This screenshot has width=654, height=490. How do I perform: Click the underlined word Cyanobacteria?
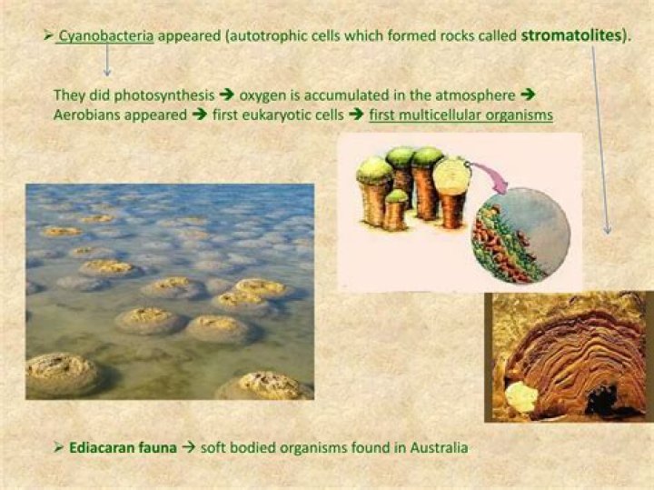106,35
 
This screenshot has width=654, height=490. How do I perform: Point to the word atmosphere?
471,95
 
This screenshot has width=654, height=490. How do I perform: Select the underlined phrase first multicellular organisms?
461,115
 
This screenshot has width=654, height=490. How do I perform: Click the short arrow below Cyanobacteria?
107,60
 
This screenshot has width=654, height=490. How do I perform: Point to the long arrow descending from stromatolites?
600,136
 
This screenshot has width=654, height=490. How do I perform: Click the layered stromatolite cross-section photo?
568,356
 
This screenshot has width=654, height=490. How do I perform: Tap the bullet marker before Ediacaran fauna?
57,447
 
